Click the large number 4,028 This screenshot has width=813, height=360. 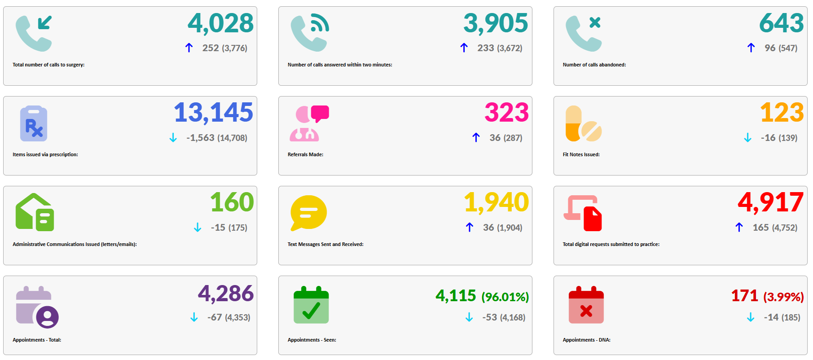(220, 23)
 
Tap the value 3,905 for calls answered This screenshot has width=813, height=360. (496, 23)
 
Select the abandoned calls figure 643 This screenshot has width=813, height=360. (781, 23)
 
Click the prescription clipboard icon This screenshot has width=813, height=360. (34, 123)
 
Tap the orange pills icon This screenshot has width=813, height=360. (583, 123)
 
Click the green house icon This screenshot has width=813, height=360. (35, 212)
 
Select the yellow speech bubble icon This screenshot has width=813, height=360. (308, 213)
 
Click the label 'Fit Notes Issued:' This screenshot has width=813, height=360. (581, 154)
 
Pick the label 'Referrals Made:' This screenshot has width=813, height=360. (305, 154)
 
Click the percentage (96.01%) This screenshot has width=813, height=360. (505, 297)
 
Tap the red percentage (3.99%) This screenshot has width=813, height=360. (783, 297)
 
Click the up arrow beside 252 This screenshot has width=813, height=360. (189, 48)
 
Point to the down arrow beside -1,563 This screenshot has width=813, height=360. (173, 138)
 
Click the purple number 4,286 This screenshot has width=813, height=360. (226, 294)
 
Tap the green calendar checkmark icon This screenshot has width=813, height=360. (311, 305)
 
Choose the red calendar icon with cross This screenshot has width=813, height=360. (586, 305)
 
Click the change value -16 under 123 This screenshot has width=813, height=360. (768, 138)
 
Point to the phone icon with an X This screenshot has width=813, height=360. (583, 33)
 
